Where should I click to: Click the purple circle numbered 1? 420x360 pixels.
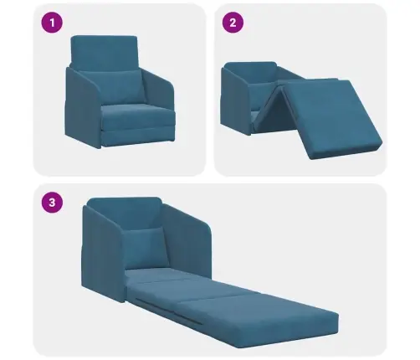pos(52,23)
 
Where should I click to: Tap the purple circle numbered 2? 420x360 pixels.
pos(233,23)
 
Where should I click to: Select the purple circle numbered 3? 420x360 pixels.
pos(52,202)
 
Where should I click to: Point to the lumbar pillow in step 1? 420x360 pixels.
pos(113,87)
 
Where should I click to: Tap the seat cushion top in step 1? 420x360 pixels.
pos(138,116)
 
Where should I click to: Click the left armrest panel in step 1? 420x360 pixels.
pos(82,107)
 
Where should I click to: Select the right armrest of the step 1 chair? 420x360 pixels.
pos(159,89)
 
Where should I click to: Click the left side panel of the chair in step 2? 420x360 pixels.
pos(236,102)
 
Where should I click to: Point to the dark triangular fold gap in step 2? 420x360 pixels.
pos(274,111)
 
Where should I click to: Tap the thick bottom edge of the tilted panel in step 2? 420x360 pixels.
pos(346,152)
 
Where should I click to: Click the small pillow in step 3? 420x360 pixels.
pos(146,248)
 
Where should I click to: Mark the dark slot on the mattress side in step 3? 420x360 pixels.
pos(169,311)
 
